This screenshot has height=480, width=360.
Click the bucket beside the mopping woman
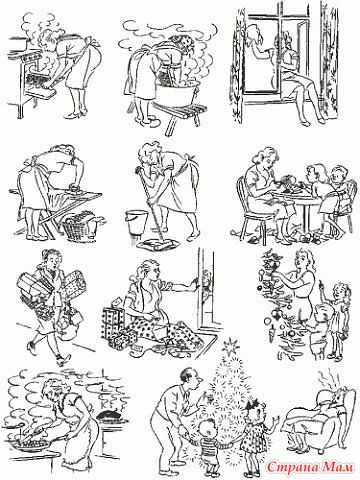click(x=136, y=221)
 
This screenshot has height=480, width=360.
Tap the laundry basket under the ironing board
click(x=79, y=227)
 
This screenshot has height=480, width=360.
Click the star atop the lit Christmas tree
click(x=230, y=345)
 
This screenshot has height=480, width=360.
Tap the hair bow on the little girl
click(x=251, y=405)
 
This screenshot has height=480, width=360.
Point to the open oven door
click(x=39, y=87)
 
